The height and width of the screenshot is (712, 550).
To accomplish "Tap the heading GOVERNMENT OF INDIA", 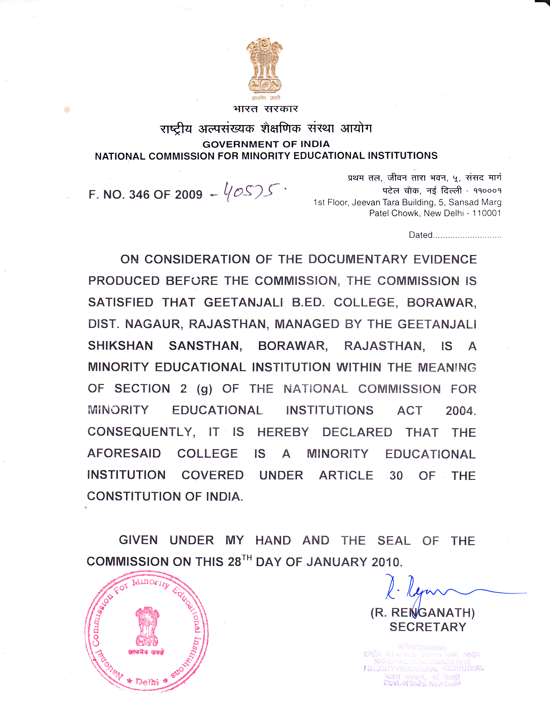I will click(x=266, y=144).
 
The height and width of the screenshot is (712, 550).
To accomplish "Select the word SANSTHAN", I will click(x=205, y=346).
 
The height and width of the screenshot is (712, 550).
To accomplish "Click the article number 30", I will click(x=396, y=476).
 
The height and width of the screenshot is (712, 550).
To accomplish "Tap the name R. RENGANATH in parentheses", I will click(x=423, y=613).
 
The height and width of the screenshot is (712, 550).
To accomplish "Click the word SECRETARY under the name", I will click(x=428, y=627).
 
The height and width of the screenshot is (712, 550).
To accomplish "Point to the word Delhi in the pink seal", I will click(x=147, y=682).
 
